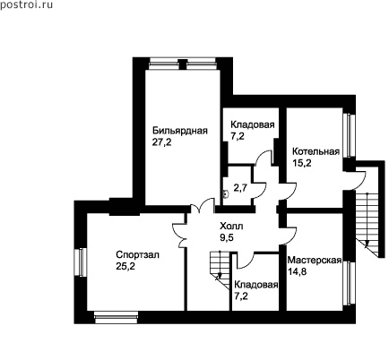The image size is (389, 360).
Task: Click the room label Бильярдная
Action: (180, 131)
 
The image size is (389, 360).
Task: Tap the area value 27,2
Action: (162, 142)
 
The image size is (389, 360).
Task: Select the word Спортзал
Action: (138, 254)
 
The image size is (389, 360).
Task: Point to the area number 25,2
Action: (125, 266)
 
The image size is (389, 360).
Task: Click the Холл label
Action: (231, 226)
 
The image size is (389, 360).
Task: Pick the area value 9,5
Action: (227, 237)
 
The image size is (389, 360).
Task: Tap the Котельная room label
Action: (316, 151)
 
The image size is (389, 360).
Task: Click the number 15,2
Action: (302, 163)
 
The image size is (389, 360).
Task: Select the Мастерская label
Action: (315, 260)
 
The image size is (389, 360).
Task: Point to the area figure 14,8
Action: (297, 271)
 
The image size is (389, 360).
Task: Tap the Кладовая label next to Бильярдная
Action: (253, 124)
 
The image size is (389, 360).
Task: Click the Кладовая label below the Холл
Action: (256, 285)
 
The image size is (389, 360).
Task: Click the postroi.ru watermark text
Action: (26, 5)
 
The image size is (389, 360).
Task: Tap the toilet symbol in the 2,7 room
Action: (226, 194)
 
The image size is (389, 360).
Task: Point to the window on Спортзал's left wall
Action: (80, 262)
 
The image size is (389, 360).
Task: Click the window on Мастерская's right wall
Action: (349, 283)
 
